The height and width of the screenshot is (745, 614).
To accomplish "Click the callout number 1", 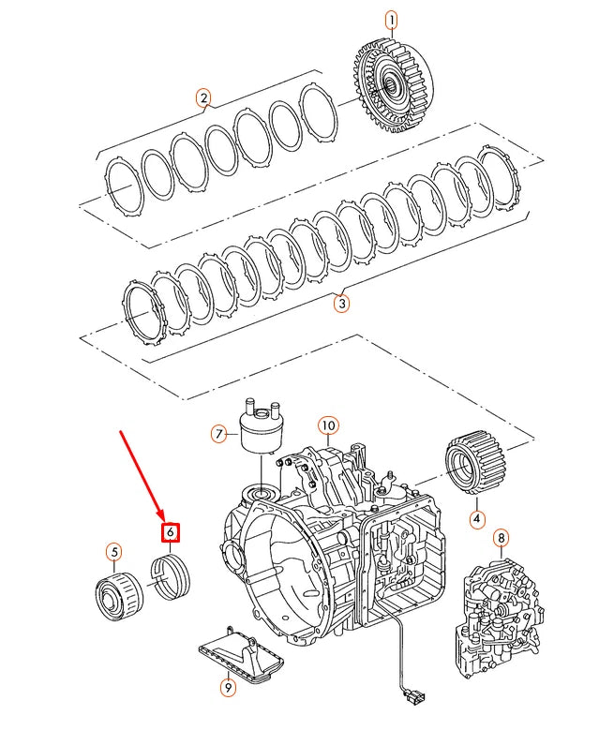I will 391,20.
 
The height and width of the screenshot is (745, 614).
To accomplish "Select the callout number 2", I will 203,97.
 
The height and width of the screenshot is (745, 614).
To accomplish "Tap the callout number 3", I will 342,303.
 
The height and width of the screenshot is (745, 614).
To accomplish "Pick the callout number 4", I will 476,518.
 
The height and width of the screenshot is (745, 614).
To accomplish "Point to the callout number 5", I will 113,551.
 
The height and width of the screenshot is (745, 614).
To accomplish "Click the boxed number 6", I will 170,532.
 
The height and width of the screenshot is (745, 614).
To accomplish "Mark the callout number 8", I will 502,538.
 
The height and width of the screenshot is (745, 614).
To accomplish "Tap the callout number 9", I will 228,687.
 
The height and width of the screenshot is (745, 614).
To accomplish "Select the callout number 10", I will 326,425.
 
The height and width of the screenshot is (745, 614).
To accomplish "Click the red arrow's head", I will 166,517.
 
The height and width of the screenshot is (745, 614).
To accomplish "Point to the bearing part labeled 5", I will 117,595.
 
